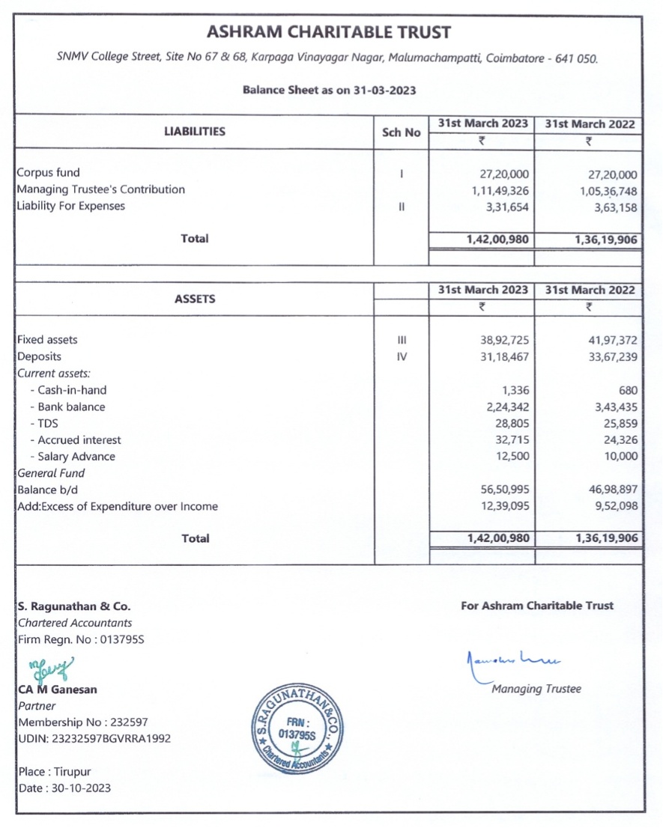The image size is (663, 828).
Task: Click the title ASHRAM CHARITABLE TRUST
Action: click(329, 32)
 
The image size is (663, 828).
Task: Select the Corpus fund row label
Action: click(48, 173)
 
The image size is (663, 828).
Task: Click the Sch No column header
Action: click(401, 133)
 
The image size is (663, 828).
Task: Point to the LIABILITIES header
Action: click(194, 132)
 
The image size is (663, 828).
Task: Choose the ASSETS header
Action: click(194, 299)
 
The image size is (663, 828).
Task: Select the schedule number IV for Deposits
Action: click(402, 357)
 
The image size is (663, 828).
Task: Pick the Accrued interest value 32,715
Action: click(512, 440)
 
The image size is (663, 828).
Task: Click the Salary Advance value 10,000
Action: click(619, 457)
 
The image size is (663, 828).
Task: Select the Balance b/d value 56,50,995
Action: click(503, 490)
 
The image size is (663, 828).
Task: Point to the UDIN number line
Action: click(94, 739)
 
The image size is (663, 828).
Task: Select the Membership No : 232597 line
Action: click(82, 722)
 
